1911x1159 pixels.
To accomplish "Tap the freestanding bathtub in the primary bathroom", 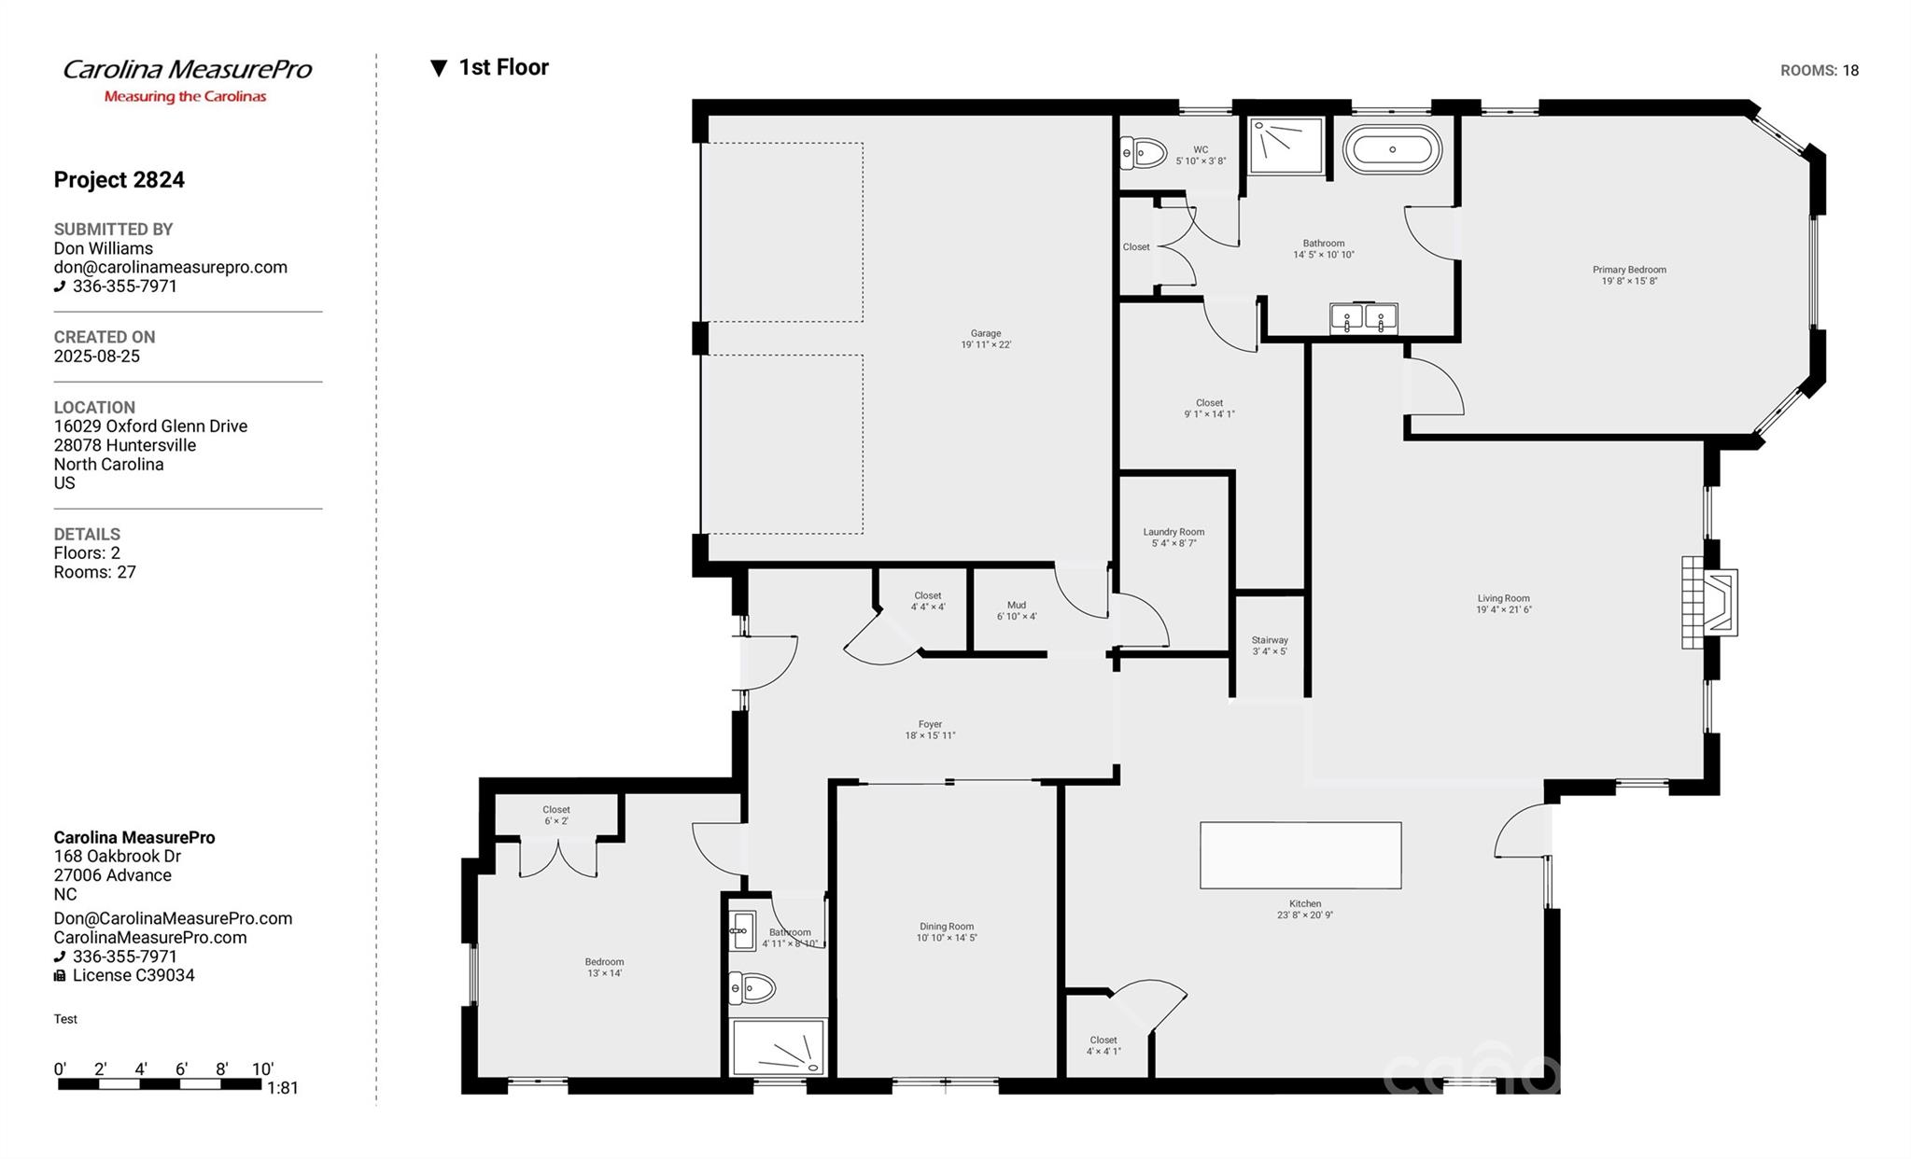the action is tap(1392, 149).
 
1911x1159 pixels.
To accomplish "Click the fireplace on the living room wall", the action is tap(1709, 602).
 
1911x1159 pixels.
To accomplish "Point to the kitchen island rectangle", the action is tap(1300, 855).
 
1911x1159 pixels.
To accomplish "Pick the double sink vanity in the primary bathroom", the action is tap(1364, 318).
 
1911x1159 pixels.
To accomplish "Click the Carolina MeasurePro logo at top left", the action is tap(187, 80).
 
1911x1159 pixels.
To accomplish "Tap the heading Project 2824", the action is tap(119, 180).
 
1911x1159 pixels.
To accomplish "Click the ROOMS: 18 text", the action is tap(1820, 71).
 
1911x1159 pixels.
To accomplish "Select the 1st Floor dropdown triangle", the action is tap(439, 68).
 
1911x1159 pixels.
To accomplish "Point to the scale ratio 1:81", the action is tap(283, 1088).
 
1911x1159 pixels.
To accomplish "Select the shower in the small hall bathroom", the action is tap(778, 1048).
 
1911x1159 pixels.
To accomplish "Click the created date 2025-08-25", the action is tap(97, 356).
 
